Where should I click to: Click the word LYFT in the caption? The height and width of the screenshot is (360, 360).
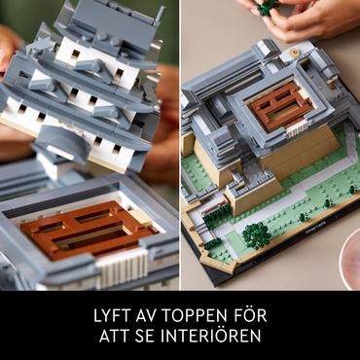tap(112, 315)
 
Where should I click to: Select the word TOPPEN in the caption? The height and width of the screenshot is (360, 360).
tap(198, 315)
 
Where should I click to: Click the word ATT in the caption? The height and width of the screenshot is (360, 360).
tap(116, 336)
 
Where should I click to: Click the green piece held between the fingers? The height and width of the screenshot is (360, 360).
tap(267, 7)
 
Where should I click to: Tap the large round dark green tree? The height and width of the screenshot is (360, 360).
tap(257, 235)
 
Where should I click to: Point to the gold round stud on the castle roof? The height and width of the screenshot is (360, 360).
tap(296, 53)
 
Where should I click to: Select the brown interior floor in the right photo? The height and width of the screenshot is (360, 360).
tap(279, 106)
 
